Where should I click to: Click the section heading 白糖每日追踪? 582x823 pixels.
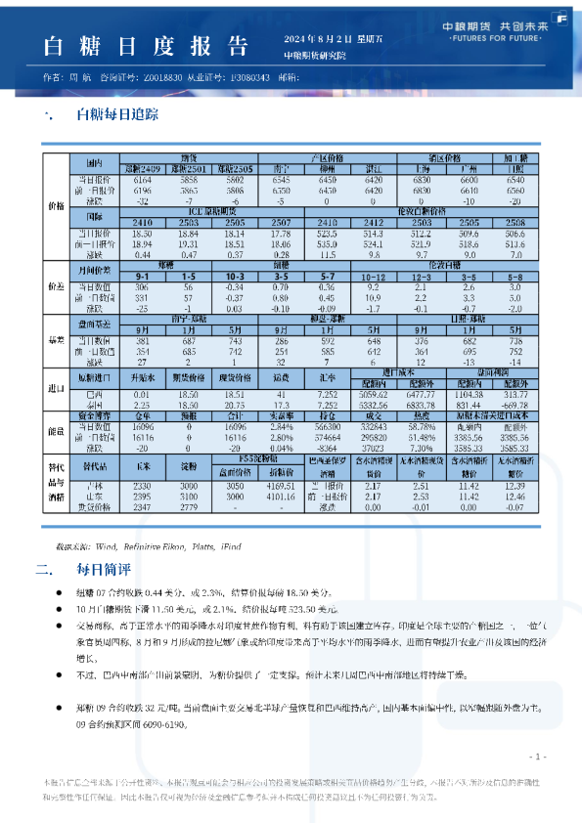click(x=110, y=115)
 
